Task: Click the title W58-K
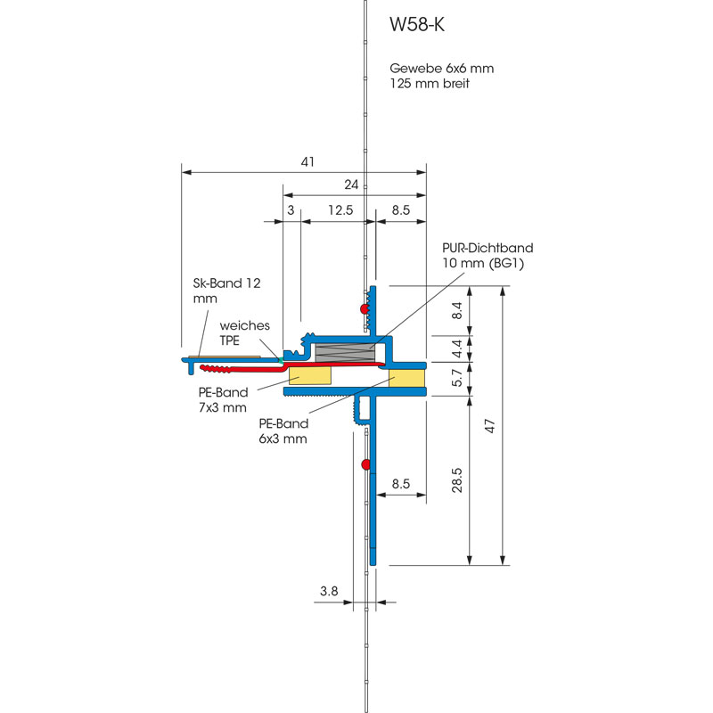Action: pos(416,25)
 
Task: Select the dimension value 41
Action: pos(307,162)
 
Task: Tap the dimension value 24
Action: pos(351,184)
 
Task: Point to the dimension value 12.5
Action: pos(340,210)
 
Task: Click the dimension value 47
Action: pos(489,426)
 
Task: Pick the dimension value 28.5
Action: pos(457,480)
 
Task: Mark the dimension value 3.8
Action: pos(329,591)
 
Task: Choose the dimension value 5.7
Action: pos(457,377)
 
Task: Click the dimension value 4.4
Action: pos(457,348)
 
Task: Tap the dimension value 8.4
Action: pos(457,310)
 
